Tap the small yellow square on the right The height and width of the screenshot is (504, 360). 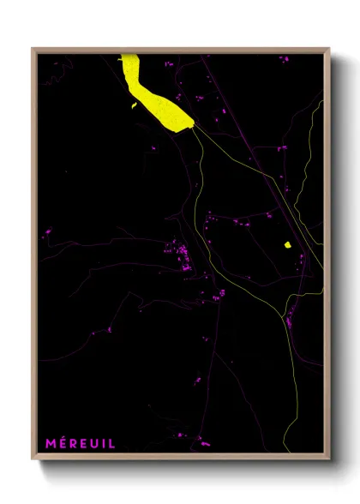288,245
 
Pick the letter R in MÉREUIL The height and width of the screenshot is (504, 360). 74,443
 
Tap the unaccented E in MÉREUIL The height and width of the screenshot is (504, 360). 84,443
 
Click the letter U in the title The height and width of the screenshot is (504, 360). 95,443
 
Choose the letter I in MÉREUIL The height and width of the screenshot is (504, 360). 104,443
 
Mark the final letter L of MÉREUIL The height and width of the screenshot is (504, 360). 111,443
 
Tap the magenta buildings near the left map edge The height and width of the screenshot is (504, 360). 46,231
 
